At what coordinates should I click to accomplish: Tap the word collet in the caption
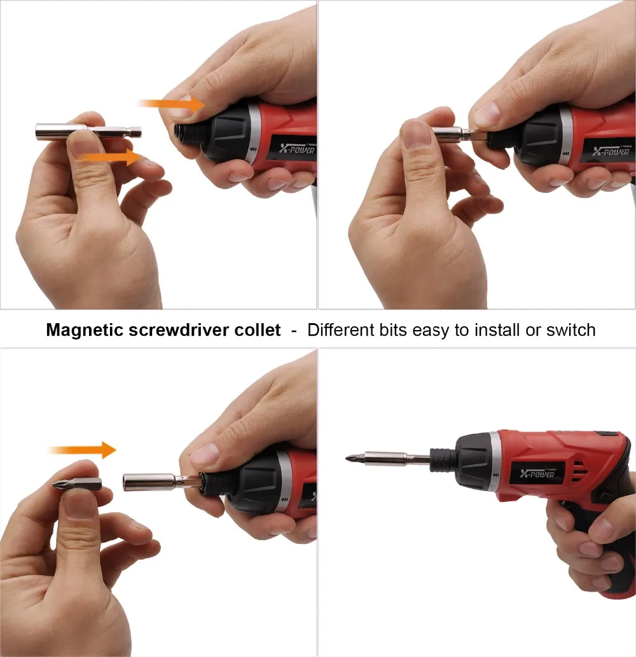click(x=259, y=330)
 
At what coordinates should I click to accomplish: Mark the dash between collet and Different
click(x=293, y=331)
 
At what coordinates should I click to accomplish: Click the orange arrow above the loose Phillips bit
click(x=82, y=450)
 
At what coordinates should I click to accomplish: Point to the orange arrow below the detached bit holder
click(x=114, y=157)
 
